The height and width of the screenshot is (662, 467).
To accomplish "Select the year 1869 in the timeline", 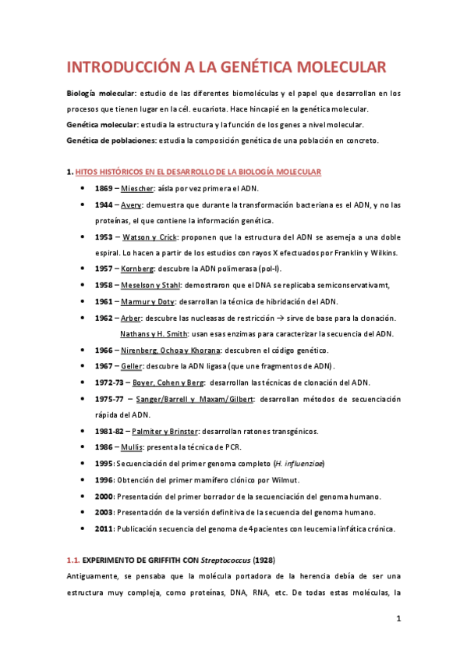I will [x=104, y=189].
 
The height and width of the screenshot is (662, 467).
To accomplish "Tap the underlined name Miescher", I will [x=137, y=189].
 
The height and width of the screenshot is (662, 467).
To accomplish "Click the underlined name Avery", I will [x=130, y=205].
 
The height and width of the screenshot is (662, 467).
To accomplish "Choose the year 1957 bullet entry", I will [x=104, y=269].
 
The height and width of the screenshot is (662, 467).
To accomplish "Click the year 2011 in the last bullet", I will [x=104, y=529].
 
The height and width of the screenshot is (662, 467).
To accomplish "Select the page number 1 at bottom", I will [x=398, y=619].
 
